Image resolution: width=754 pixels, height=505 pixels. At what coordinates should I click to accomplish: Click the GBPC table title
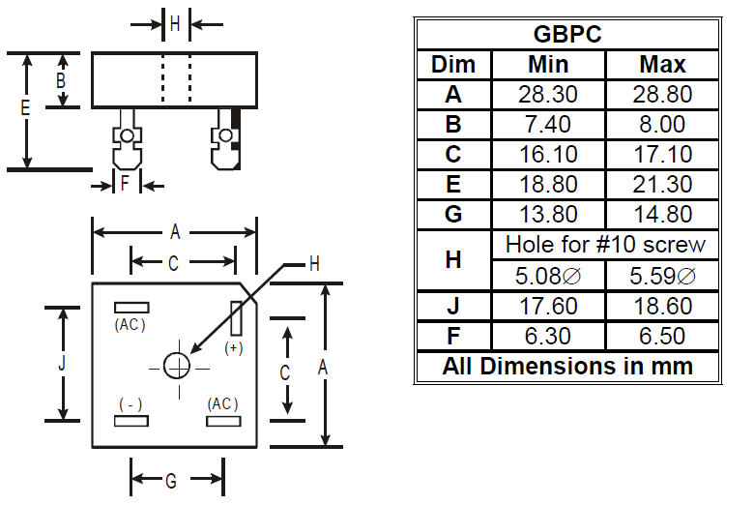567,34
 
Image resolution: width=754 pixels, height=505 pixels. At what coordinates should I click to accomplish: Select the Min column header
548,65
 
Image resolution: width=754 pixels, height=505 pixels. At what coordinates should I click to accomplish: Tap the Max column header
662,65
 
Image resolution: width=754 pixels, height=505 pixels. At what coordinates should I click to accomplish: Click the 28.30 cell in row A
548,95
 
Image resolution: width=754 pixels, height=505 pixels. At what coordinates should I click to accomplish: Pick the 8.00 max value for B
662,124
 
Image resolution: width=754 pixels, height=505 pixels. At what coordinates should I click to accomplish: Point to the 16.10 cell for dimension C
548,154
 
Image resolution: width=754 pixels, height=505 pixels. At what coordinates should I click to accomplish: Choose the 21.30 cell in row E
662,184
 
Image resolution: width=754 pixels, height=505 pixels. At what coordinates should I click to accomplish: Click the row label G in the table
453,214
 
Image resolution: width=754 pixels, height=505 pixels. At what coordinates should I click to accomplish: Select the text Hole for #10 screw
605,245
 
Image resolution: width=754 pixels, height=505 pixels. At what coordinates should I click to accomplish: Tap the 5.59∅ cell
662,276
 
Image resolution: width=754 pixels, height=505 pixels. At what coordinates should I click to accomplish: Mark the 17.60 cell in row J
548,306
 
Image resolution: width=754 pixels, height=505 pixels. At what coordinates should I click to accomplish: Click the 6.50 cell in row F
662,336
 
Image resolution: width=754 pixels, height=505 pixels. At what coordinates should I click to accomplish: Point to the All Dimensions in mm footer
567,366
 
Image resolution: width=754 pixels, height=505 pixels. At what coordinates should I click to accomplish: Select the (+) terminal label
234,348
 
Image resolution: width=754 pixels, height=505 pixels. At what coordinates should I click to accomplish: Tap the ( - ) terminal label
130,404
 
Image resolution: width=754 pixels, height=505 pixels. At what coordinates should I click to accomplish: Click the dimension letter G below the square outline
171,481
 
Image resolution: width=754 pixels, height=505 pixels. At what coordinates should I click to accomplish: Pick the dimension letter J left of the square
62,364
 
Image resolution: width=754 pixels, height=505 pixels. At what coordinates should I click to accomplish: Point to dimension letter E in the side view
25,107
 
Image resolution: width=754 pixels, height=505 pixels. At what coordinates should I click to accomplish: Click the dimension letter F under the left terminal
125,183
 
